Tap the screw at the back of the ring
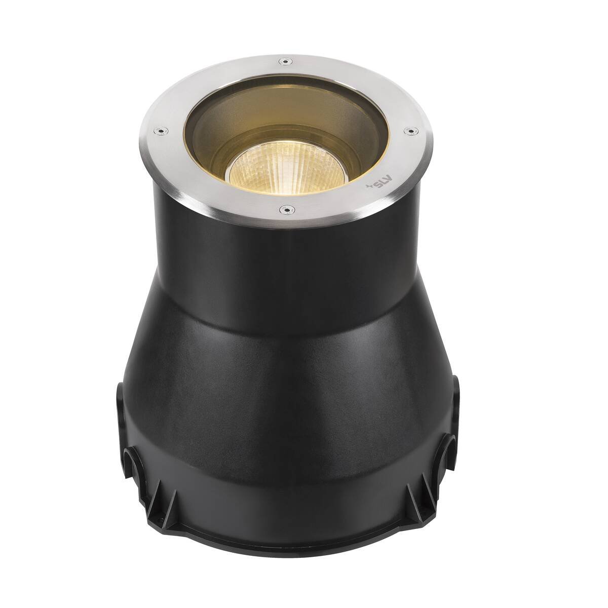click(285, 61)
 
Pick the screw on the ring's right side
click(411, 130)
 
